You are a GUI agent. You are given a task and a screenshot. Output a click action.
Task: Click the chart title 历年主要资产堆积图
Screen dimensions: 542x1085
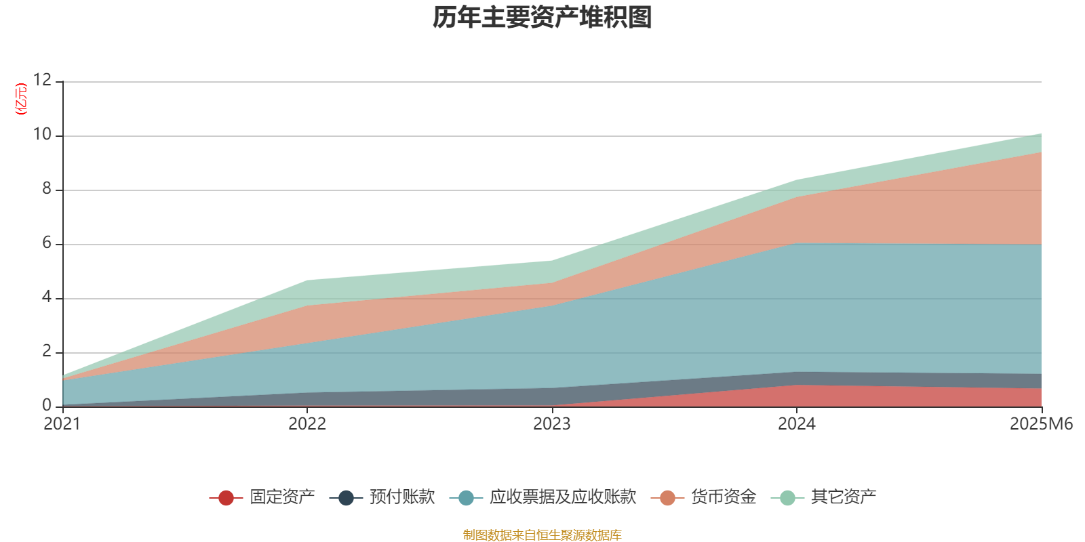click(542, 18)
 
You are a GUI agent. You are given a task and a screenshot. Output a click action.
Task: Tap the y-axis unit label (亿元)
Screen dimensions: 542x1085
click(21, 99)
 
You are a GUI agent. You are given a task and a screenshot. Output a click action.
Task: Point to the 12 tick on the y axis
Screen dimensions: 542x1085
click(42, 80)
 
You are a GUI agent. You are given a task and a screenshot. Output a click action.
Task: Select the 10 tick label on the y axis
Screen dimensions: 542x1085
click(42, 134)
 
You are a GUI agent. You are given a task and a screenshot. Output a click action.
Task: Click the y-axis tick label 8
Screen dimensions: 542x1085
click(47, 188)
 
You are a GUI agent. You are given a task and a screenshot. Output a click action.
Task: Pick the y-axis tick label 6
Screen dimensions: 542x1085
click(47, 243)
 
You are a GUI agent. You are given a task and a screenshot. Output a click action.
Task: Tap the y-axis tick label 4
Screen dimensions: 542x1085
click(47, 297)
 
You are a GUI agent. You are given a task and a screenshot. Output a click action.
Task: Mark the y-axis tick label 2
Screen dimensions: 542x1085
click(47, 351)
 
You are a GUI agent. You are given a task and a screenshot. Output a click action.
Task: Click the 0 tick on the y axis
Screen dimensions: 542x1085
click(47, 405)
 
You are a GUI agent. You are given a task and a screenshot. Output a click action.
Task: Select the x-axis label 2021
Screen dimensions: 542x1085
click(62, 424)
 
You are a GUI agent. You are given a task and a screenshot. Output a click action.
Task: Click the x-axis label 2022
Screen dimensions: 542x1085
click(307, 424)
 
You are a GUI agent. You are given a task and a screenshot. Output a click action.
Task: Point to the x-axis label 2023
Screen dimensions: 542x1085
click(552, 424)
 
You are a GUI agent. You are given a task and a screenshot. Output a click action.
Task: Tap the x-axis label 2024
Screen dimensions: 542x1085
click(797, 424)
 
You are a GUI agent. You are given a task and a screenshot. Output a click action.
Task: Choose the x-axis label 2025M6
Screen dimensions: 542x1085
click(1041, 424)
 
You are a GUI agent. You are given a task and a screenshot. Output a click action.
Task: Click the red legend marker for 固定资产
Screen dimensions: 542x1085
click(226, 498)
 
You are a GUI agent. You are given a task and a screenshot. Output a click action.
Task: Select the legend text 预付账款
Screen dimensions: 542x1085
click(402, 497)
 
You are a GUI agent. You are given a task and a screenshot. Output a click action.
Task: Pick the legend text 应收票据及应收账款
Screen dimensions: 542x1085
click(563, 497)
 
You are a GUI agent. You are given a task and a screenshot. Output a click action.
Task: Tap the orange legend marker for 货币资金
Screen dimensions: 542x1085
click(667, 498)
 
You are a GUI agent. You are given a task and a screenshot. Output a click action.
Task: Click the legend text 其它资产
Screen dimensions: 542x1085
click(844, 497)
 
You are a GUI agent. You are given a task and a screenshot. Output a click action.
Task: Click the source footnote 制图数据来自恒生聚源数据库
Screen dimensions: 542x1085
click(542, 535)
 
